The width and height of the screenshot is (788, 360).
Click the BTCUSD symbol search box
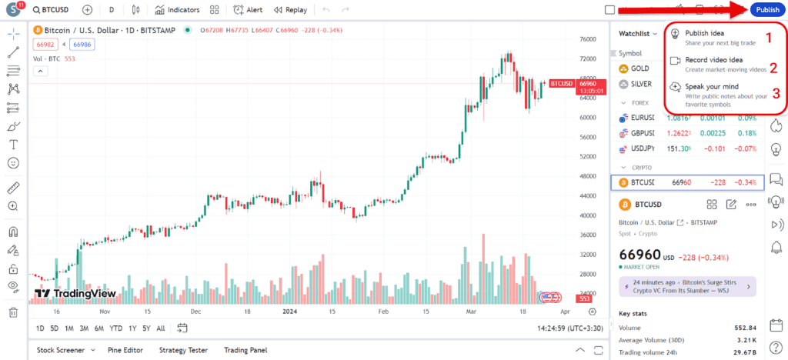tap(55, 10)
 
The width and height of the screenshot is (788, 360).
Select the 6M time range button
tap(99, 328)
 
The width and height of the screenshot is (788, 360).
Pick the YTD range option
tap(116, 328)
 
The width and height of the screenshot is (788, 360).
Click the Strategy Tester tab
tap(183, 350)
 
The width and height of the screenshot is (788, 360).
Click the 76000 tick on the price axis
tap(588, 39)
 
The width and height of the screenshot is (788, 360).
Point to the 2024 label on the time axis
tap(289, 312)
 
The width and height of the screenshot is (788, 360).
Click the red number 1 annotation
tap(766, 37)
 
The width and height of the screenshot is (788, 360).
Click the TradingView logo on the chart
tap(75, 294)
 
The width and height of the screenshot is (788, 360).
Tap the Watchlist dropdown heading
tap(638, 34)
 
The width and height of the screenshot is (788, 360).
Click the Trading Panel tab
tap(245, 350)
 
